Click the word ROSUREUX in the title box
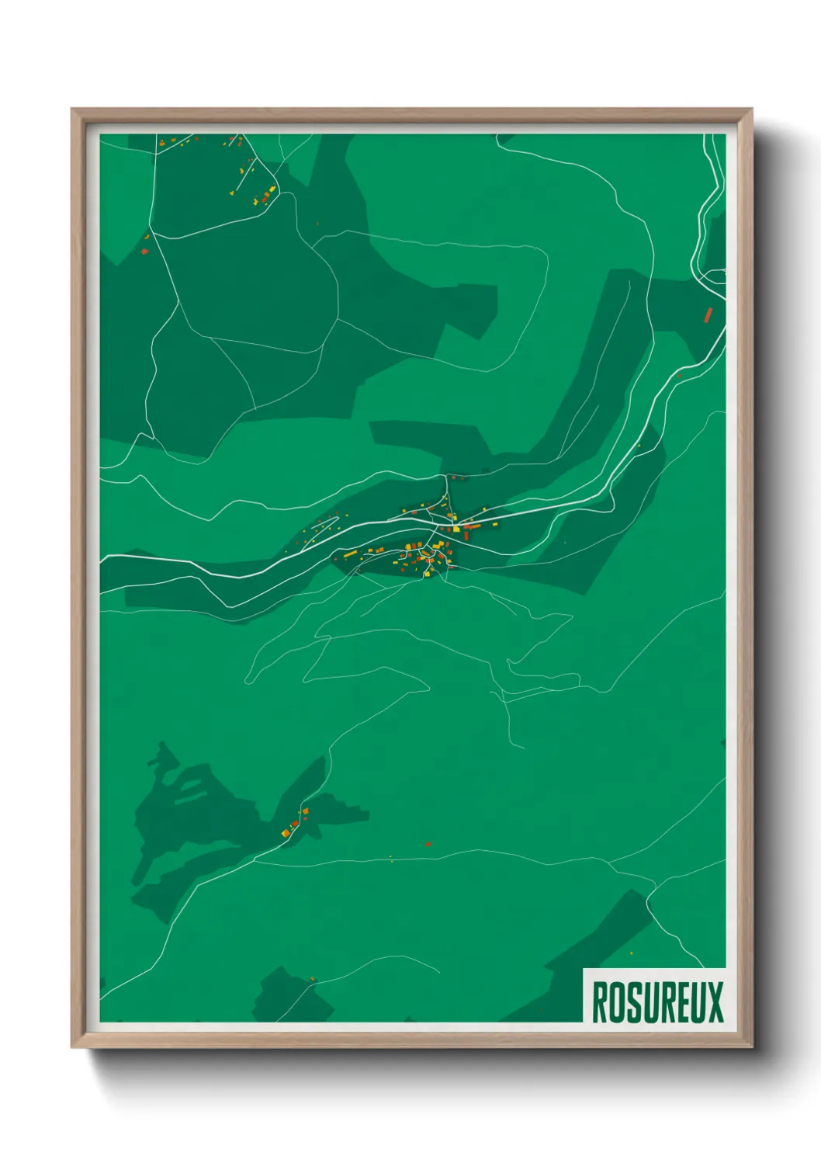click(657, 1002)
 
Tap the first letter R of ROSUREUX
click(599, 1002)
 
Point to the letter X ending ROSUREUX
click(715, 1002)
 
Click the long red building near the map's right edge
click(708, 314)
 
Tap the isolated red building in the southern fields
click(428, 843)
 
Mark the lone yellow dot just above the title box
click(631, 953)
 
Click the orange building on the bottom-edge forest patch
click(313, 978)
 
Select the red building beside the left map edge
click(144, 251)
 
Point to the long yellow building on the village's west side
click(350, 554)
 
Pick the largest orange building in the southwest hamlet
click(286, 833)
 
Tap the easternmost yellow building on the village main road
click(495, 525)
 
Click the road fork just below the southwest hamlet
click(255, 859)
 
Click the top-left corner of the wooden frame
click(72, 109)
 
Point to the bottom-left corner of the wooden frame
click(72, 1047)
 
